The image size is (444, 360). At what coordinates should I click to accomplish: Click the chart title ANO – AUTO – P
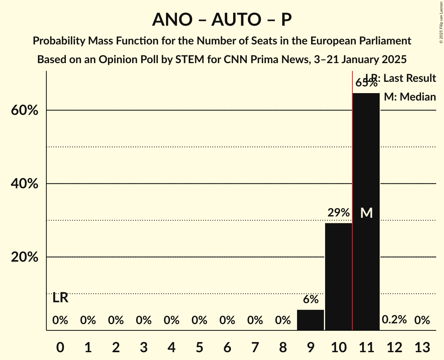click(222, 19)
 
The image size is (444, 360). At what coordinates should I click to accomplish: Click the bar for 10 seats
click(338, 276)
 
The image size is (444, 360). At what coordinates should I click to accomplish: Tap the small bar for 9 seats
click(310, 320)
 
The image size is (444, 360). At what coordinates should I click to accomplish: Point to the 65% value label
click(366, 83)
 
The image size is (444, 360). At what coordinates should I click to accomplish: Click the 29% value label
click(338, 213)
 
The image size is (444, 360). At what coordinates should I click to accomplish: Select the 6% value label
click(310, 300)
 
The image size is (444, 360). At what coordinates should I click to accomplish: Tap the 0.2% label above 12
click(394, 320)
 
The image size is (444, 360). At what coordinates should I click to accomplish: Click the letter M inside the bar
click(366, 213)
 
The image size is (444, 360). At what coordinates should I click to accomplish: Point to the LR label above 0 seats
click(60, 298)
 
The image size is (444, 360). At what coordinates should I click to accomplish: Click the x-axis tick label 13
click(422, 346)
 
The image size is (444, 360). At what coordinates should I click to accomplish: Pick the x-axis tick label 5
click(199, 346)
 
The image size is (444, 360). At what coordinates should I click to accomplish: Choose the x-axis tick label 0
click(60, 346)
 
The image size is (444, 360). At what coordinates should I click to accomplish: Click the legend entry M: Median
click(410, 97)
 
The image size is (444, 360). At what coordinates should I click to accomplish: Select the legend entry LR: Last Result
click(401, 78)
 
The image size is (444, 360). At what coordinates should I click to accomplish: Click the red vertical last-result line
click(352, 195)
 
